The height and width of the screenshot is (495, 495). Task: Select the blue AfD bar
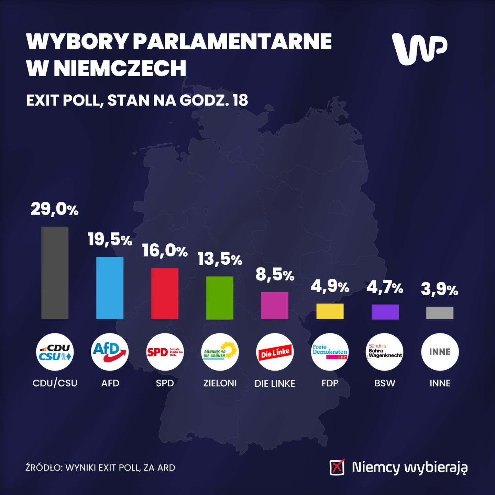110,288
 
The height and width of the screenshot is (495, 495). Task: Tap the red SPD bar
165,294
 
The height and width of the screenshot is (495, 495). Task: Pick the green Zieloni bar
220,298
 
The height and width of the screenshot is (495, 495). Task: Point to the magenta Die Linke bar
275,306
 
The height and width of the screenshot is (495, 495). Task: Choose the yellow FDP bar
330,311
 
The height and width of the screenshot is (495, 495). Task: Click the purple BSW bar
385,312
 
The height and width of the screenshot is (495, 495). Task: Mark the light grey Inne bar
440,313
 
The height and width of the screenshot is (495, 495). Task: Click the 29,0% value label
55,209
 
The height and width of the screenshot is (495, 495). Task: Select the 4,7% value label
385,287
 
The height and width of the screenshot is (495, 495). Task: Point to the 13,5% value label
220,259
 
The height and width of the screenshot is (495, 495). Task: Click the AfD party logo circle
110,352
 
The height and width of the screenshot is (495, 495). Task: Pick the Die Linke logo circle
275,352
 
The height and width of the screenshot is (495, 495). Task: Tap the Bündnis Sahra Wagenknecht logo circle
385,352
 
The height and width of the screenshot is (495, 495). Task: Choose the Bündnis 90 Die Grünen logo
220,352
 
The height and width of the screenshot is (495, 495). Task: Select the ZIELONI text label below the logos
220,383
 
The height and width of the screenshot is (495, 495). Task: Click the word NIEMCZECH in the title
120,68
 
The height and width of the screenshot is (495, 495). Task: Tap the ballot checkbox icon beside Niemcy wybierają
337,467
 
